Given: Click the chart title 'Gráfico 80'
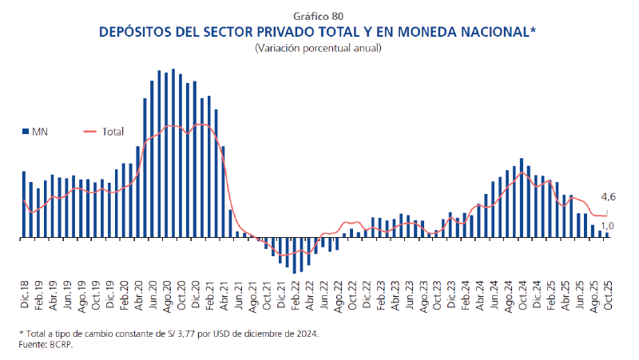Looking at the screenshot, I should [x=319, y=16].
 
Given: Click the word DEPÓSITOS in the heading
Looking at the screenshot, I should [x=137, y=33].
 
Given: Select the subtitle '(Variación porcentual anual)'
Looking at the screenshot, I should [x=319, y=48].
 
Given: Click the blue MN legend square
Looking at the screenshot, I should [x=24, y=131].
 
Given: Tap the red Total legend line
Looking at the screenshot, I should [x=89, y=131].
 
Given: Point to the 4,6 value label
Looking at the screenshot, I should [x=608, y=197].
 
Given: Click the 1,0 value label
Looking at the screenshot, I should [x=608, y=226].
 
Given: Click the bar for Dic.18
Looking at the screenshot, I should [x=24, y=205].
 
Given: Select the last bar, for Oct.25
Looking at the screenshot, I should [x=608, y=235].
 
